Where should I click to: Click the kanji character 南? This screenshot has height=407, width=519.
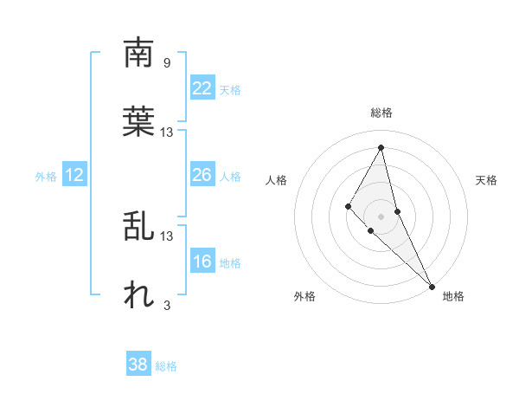(139, 54)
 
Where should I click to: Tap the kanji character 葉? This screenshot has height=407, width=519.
(139, 121)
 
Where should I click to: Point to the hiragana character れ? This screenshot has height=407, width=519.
(139, 294)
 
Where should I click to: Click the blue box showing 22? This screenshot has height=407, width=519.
(202, 88)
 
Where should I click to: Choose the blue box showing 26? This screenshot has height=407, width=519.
(202, 175)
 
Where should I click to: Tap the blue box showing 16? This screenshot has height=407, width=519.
(202, 262)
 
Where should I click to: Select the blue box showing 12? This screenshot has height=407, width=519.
(74, 175)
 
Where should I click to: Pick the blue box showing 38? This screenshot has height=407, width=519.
(138, 365)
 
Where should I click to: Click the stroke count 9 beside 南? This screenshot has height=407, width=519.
(166, 62)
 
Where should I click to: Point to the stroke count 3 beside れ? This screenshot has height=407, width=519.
(166, 305)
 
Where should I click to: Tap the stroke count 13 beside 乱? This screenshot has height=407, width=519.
(167, 236)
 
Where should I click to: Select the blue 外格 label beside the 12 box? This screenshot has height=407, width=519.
(46, 177)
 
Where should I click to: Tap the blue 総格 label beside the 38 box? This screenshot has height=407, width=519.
(166, 366)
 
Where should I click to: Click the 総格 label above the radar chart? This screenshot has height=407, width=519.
(381, 113)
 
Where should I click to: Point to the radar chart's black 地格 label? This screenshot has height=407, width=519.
(453, 296)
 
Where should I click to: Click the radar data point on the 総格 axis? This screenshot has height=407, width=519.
(381, 147)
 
